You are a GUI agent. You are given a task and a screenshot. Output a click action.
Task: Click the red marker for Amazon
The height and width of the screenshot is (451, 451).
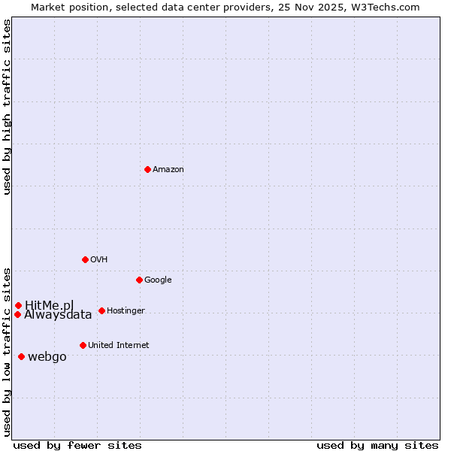click(x=147, y=169)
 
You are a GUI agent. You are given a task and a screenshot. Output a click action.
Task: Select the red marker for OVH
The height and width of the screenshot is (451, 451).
click(x=85, y=259)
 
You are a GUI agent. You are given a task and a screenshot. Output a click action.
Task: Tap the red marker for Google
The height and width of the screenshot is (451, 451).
click(x=139, y=280)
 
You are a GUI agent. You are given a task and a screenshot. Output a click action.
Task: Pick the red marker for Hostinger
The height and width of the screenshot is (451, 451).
click(x=101, y=310)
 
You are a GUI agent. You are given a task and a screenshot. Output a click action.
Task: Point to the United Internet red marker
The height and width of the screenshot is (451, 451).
click(x=83, y=345)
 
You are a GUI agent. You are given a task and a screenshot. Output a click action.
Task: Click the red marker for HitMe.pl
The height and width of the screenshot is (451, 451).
click(x=18, y=305)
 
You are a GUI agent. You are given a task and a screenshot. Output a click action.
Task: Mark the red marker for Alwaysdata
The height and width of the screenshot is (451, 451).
click(x=17, y=314)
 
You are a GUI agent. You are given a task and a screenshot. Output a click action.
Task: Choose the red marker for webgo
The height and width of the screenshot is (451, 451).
click(x=21, y=356)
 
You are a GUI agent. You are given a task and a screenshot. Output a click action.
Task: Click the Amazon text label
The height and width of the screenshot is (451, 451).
click(x=168, y=170)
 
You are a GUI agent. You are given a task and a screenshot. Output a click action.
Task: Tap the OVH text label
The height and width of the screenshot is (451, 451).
click(x=98, y=260)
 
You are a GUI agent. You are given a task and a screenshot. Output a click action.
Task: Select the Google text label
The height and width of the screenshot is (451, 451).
click(x=158, y=280)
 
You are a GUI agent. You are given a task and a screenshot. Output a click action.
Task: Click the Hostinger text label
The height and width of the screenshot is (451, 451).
click(x=126, y=311)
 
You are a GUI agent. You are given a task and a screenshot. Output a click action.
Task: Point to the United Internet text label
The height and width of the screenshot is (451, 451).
click(x=118, y=346)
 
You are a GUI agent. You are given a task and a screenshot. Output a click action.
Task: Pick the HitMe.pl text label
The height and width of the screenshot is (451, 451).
click(x=50, y=305)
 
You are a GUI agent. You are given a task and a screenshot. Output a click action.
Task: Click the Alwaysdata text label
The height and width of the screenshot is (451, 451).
click(x=58, y=315)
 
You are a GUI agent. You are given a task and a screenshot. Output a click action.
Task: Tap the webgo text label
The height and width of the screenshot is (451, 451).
click(x=47, y=357)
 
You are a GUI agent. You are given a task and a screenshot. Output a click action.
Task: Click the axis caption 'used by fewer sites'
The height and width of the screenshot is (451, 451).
click(x=77, y=445)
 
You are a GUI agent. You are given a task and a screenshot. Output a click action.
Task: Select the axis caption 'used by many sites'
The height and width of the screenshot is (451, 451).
click(x=377, y=445)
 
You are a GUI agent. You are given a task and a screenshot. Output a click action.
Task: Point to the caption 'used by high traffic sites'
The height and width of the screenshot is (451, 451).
click(x=7, y=107)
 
